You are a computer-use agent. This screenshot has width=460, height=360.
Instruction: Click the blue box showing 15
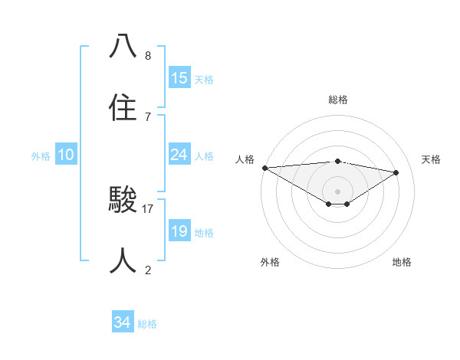pyautogui.click(x=179, y=78)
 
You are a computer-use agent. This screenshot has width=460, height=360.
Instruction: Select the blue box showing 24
pyautogui.click(x=179, y=155)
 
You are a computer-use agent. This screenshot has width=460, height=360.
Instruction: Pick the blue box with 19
pyautogui.click(x=179, y=231)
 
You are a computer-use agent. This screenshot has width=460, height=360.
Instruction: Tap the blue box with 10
pyautogui.click(x=66, y=155)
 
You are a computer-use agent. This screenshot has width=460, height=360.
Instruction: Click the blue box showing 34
pyautogui.click(x=122, y=323)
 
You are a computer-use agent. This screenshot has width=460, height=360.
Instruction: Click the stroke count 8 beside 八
pyautogui.click(x=148, y=56)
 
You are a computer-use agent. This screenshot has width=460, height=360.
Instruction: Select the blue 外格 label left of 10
pyautogui.click(x=41, y=156)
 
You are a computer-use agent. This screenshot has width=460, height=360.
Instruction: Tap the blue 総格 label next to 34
pyautogui.click(x=147, y=325)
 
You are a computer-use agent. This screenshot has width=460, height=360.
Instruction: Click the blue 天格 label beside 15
pyautogui.click(x=204, y=80)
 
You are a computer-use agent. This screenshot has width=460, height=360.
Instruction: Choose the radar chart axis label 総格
pyautogui.click(x=337, y=100)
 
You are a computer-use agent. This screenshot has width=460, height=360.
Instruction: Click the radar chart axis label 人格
pyautogui.click(x=245, y=159)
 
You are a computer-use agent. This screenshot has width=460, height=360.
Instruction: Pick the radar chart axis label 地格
pyautogui.click(x=402, y=262)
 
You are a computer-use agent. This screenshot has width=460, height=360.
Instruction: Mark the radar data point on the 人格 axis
pyautogui.click(x=264, y=168)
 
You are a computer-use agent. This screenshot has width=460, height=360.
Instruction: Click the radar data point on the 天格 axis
pyautogui.click(x=396, y=172)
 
